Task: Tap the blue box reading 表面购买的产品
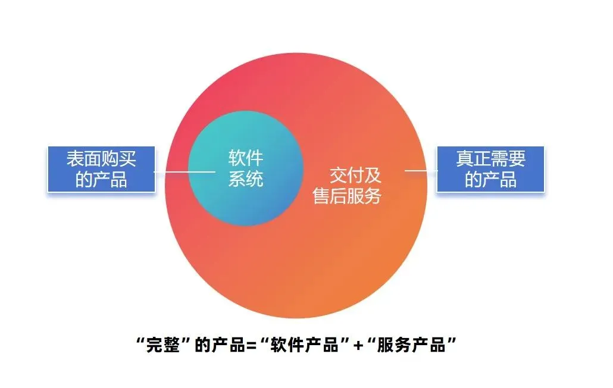(101, 170)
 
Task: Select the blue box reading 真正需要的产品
(491, 170)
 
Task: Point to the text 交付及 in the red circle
(355, 176)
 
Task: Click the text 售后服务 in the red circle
(347, 196)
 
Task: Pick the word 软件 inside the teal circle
(246, 159)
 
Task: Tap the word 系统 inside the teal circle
(246, 179)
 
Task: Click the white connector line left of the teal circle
(184, 172)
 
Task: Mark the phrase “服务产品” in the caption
(411, 345)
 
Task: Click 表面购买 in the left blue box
(101, 159)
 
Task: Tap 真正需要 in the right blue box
(491, 159)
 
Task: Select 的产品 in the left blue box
(101, 180)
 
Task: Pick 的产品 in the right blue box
(491, 180)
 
